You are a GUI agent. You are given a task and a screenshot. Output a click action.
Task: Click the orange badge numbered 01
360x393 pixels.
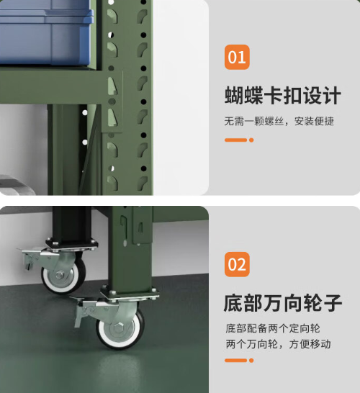coord(237,56)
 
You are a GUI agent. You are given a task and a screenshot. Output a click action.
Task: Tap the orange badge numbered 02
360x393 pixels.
coord(237,264)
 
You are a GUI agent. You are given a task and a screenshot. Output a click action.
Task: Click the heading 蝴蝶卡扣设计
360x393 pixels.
coord(282,95)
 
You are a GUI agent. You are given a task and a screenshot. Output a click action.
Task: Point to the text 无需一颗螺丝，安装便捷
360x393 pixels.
coord(279,121)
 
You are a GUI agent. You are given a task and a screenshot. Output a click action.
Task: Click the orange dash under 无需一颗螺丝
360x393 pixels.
coord(238,140)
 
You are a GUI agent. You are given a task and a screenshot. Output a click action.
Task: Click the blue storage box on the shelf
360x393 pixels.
coord(43,32)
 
